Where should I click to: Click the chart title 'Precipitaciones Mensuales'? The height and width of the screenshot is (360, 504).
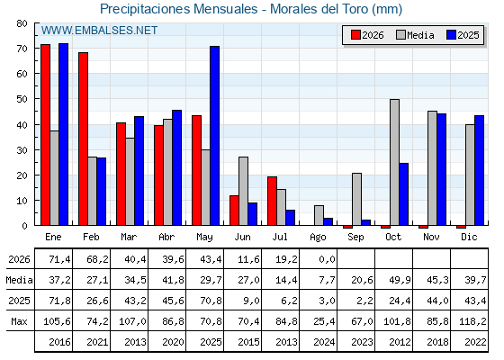point(179,9)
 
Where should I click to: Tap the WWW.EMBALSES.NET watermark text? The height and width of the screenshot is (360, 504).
point(99,31)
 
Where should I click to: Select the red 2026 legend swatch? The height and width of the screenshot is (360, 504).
point(355,35)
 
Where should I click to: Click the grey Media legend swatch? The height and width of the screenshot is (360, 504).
point(400,35)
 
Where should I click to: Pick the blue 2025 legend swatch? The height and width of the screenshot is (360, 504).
point(451,35)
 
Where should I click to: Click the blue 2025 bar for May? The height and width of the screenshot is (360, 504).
point(215,136)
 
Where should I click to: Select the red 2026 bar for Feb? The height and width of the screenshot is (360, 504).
point(83,139)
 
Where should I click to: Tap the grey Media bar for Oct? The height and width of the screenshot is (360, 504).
point(394,162)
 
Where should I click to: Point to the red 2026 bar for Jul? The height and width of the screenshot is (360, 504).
point(272,201)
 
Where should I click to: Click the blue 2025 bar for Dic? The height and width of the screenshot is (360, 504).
point(479,170)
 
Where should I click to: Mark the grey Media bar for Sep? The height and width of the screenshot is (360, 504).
point(356,199)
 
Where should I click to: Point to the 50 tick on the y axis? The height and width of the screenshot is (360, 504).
point(22,99)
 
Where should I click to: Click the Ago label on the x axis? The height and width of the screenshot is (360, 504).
point(318,238)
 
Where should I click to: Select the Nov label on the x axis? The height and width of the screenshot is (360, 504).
point(431,237)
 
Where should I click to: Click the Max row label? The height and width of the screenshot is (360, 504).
point(19,321)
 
